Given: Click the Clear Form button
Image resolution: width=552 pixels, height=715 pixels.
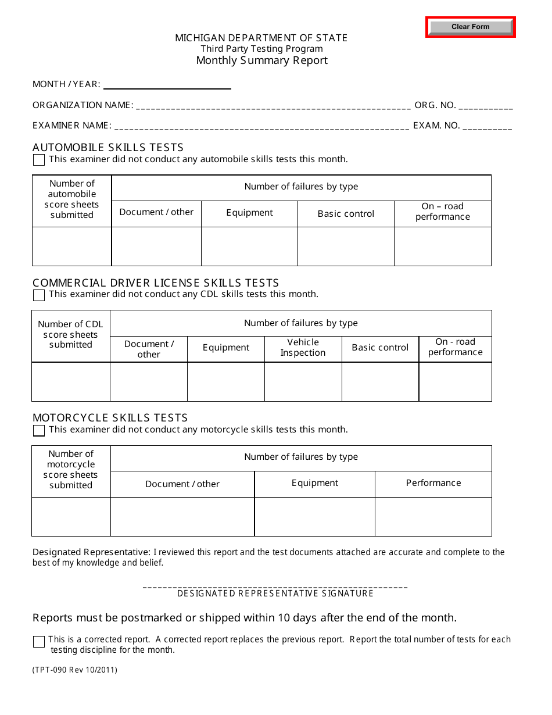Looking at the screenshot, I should click(x=471, y=27).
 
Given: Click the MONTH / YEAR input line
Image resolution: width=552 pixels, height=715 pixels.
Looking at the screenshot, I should click(x=167, y=84).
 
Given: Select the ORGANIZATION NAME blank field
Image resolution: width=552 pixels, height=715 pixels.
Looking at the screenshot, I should click(x=273, y=105).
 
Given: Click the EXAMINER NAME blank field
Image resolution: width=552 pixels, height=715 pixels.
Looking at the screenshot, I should click(x=261, y=126).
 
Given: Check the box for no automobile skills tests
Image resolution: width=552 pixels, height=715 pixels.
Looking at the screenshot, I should click(x=39, y=160).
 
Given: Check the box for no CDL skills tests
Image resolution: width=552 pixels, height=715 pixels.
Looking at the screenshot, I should click(x=39, y=295).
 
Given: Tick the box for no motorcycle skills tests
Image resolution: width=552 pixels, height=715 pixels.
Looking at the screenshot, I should click(x=39, y=431).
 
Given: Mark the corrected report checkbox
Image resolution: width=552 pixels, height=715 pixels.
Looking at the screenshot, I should click(x=39, y=642).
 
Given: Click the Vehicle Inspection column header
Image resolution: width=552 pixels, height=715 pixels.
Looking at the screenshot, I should click(x=303, y=348).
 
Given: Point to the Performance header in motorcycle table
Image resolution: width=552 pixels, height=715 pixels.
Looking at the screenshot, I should click(x=433, y=483).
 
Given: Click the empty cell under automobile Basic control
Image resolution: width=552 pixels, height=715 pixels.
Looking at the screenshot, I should click(x=346, y=246).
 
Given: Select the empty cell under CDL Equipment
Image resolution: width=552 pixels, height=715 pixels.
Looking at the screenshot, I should click(x=225, y=382).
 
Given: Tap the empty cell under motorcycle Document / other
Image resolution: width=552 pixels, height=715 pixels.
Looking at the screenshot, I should click(x=182, y=517).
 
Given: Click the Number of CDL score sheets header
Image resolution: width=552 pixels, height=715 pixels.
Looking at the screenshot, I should click(x=70, y=335).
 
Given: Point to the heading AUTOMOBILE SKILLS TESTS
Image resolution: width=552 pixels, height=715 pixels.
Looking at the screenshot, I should click(x=108, y=148).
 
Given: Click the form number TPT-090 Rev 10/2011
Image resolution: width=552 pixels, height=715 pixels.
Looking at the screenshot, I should click(x=75, y=670).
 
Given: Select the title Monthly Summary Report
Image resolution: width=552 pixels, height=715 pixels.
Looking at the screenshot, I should click(x=261, y=60).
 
